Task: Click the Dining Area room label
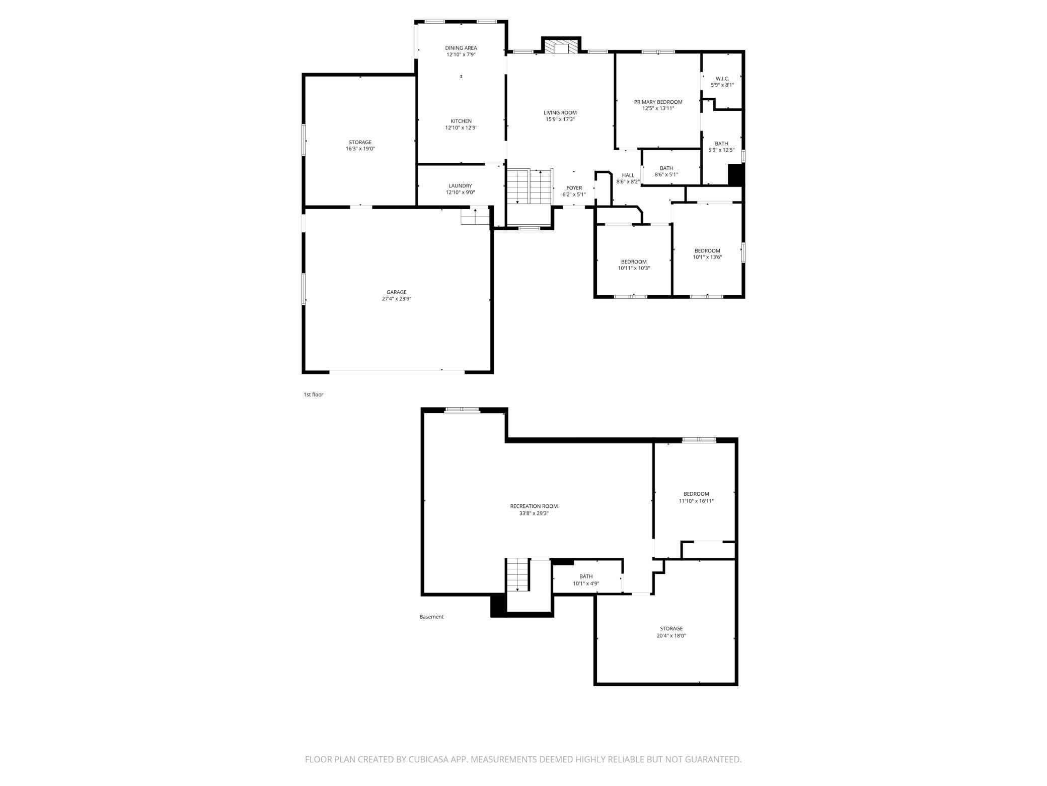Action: [461, 48]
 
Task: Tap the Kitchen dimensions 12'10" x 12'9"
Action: [461, 128]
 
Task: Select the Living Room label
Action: [560, 113]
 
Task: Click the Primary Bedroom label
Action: [658, 102]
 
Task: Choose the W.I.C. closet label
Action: [722, 79]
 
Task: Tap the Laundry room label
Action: [460, 186]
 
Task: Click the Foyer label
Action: [574, 188]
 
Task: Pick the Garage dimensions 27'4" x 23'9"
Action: [396, 299]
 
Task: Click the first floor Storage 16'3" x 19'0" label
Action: [360, 145]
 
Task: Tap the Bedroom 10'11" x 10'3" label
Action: [634, 265]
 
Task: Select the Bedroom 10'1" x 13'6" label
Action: [707, 253]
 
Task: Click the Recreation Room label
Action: [534, 506]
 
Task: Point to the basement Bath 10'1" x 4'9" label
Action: [585, 580]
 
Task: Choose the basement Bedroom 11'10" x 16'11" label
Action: [696, 497]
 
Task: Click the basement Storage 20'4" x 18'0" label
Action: [671, 632]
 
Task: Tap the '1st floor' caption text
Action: [313, 395]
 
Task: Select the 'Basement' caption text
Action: [431, 617]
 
